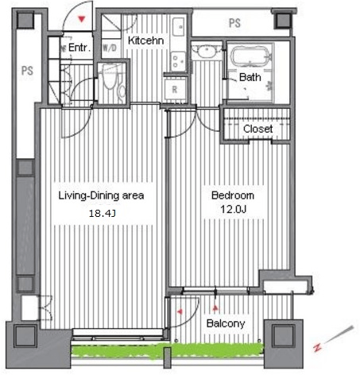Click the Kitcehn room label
tap(145, 41)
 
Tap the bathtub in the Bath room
tap(250, 56)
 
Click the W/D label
tap(110, 48)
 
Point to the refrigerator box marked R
tap(175, 89)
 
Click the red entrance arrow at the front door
tap(82, 19)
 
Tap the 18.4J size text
tap(103, 213)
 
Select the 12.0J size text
tap(234, 210)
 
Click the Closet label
tap(257, 129)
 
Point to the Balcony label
tap(226, 323)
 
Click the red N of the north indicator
tap(317, 347)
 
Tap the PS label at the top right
tap(234, 23)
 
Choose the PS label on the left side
tap(27, 71)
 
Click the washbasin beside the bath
tap(207, 51)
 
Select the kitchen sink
tap(179, 26)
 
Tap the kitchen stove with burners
tap(178, 61)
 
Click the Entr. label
tap(79, 48)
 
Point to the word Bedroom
tap(233, 195)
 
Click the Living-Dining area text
tap(101, 195)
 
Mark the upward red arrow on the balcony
tap(215, 308)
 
